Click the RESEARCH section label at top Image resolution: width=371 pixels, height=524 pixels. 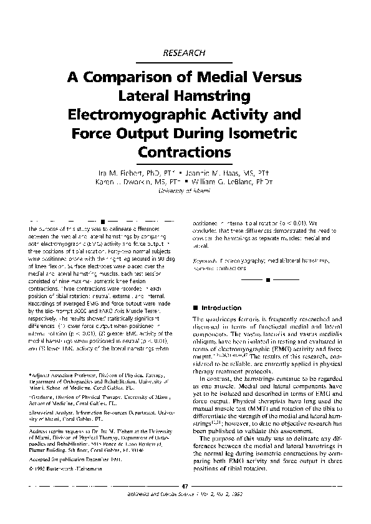pos(183,54)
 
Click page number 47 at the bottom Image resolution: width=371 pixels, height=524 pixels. pos(184,485)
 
